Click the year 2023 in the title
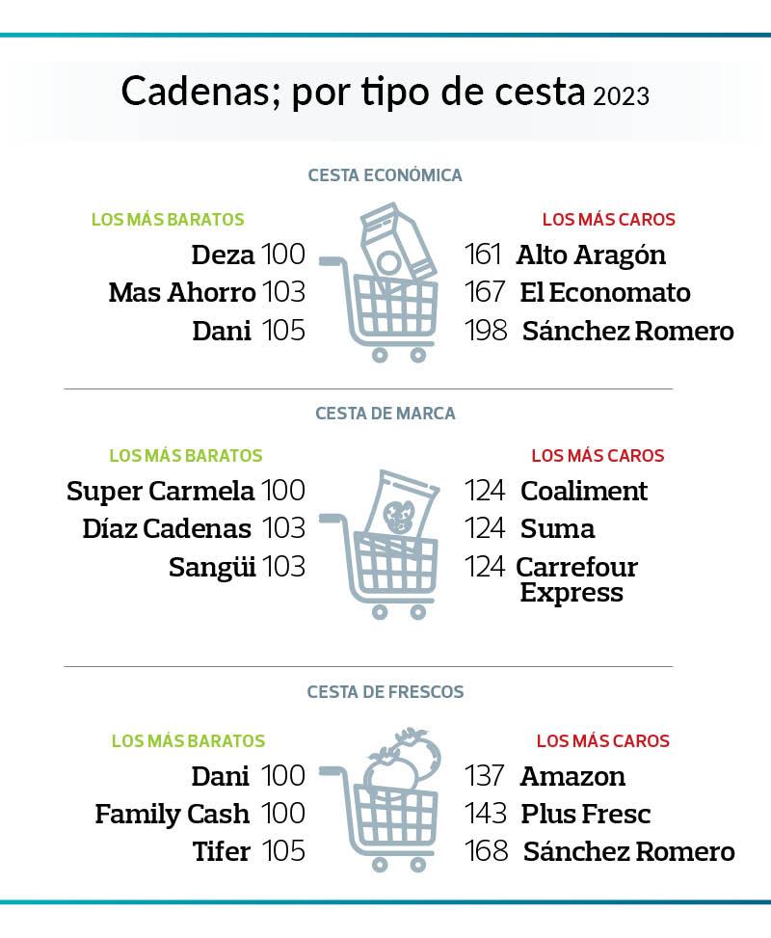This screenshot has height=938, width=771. pyautogui.click(x=622, y=96)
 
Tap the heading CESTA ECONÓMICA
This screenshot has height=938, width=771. pyautogui.click(x=385, y=175)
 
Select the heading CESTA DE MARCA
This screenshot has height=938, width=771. pyautogui.click(x=385, y=414)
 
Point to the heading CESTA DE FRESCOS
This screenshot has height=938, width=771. pyautogui.click(x=385, y=692)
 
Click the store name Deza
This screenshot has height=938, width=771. pyautogui.click(x=223, y=255)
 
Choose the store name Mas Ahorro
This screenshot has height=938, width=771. pyautogui.click(x=182, y=293)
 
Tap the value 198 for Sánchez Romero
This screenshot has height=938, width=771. pyautogui.click(x=486, y=332)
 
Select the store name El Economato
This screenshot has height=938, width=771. pyautogui.click(x=605, y=293)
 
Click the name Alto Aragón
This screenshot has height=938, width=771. pyautogui.click(x=591, y=255)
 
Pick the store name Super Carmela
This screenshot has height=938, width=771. pyautogui.click(x=160, y=491)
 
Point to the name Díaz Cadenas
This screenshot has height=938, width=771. pyautogui.click(x=167, y=528)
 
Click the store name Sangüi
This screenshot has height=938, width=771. pyautogui.click(x=212, y=567)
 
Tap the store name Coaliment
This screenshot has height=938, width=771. pyautogui.click(x=584, y=491)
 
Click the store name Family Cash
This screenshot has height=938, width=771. pyautogui.click(x=172, y=815)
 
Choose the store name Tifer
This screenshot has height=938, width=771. pyautogui.click(x=223, y=852)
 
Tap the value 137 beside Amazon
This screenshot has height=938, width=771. pyautogui.click(x=486, y=776)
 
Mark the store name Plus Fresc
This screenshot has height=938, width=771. pyautogui.click(x=585, y=815)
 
